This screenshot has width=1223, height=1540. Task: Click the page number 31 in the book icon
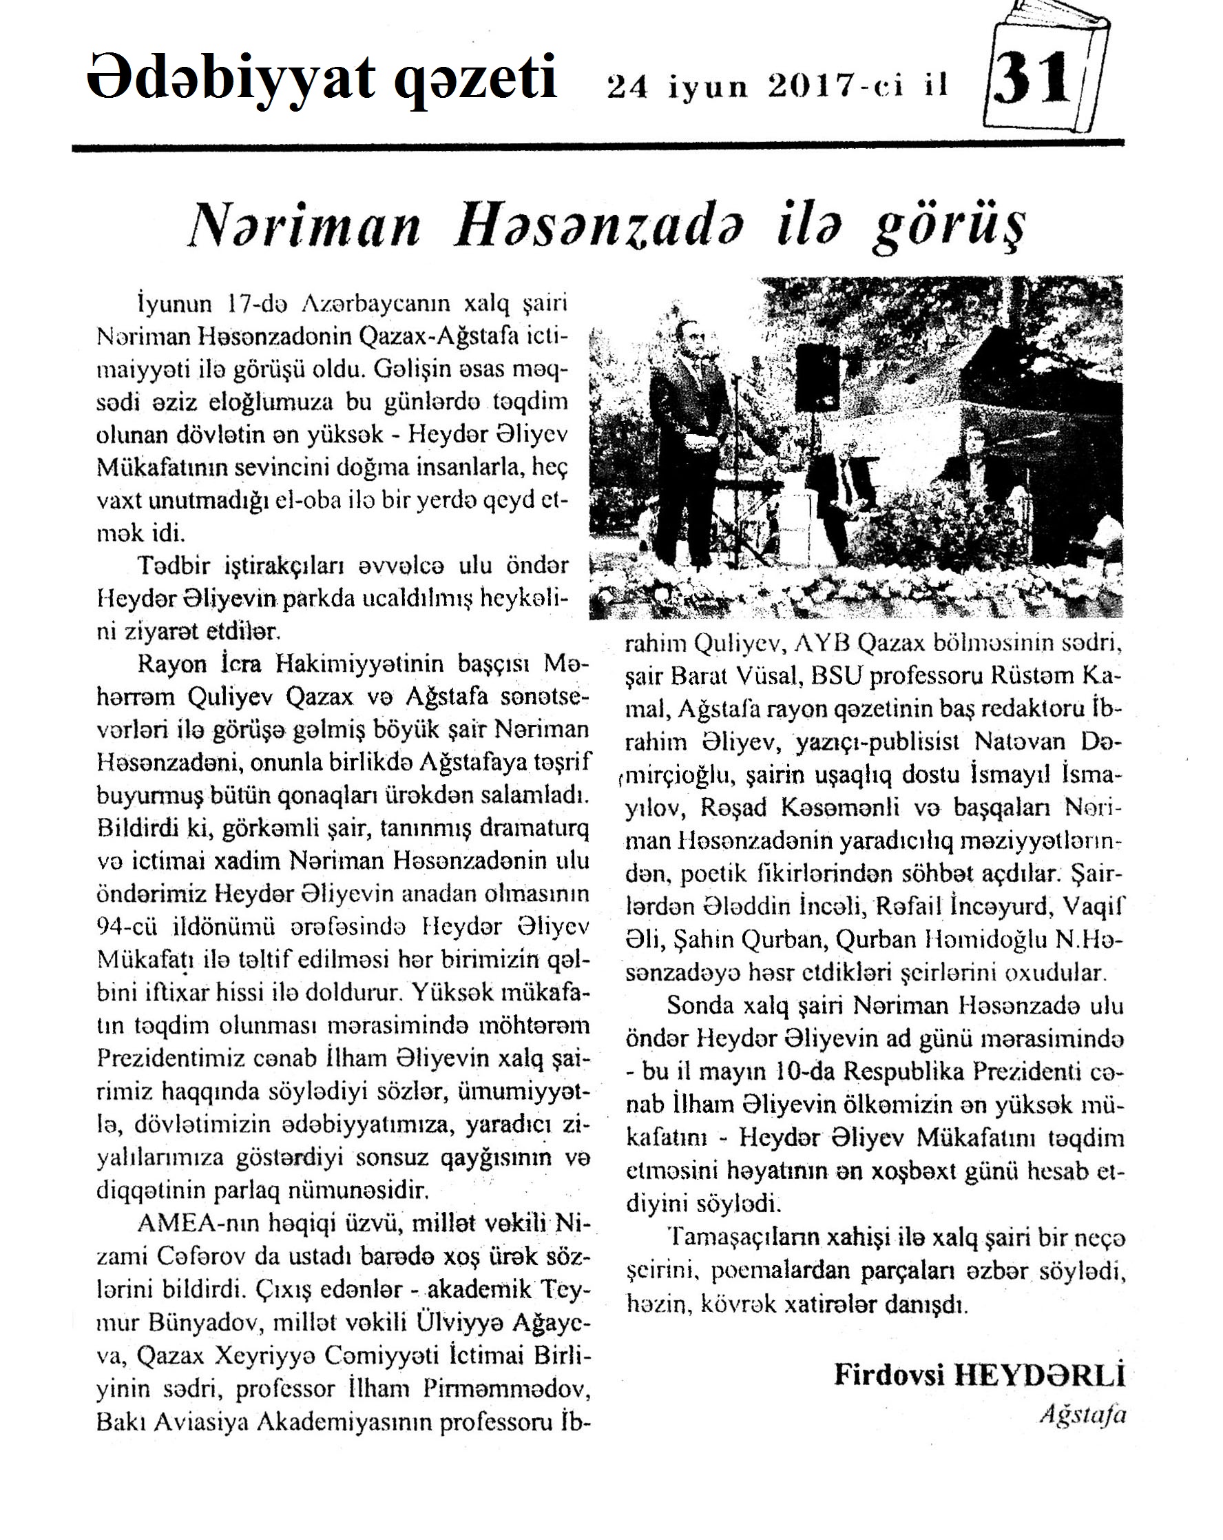click(1032, 79)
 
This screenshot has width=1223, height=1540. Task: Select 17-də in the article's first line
click(255, 305)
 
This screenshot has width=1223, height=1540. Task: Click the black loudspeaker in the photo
click(817, 376)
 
